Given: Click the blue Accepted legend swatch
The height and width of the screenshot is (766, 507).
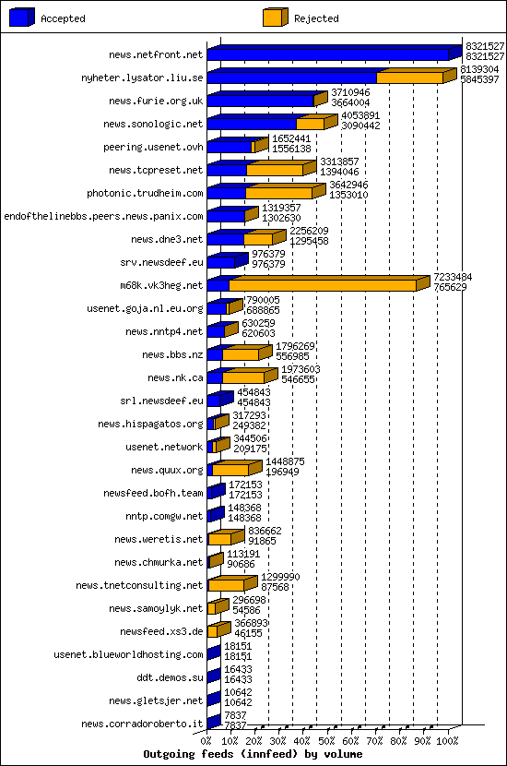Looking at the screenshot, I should click(x=22, y=17).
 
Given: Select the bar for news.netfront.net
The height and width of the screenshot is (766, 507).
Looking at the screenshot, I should click(x=327, y=55).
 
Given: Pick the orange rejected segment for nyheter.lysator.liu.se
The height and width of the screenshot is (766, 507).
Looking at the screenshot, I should click(x=409, y=78).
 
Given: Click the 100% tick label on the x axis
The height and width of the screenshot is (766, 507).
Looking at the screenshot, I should click(x=448, y=740).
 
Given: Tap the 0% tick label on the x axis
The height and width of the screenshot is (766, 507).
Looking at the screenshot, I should click(x=206, y=740).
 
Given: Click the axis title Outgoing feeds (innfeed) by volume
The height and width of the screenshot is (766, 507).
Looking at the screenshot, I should click(x=253, y=754).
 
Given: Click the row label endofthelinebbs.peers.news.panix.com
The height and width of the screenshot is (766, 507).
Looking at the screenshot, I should click(x=103, y=216).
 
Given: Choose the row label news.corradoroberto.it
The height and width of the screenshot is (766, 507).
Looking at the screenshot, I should click(x=142, y=724).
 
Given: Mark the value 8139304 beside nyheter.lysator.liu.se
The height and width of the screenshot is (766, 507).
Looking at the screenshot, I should click(x=479, y=69).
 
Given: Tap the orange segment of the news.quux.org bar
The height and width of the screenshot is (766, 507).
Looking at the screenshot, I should click(x=230, y=471).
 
